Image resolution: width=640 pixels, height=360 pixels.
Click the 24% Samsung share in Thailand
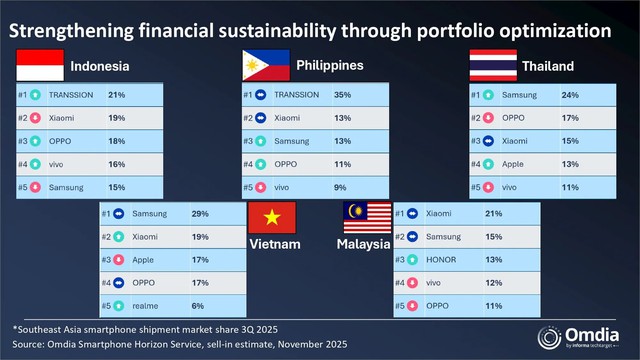570,96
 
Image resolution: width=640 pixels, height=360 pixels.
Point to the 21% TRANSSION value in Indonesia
116,96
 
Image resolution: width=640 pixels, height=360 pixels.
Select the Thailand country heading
547,67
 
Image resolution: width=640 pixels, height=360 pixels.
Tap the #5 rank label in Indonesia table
24,187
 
